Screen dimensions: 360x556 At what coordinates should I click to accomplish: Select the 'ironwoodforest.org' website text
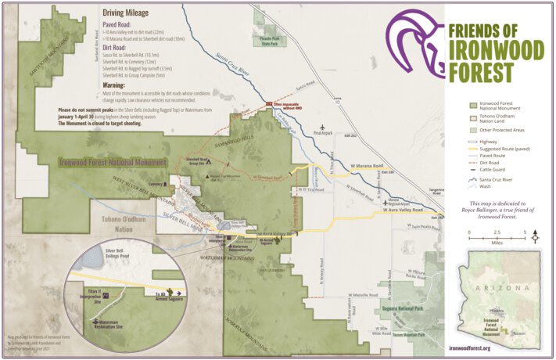click(481, 348)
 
